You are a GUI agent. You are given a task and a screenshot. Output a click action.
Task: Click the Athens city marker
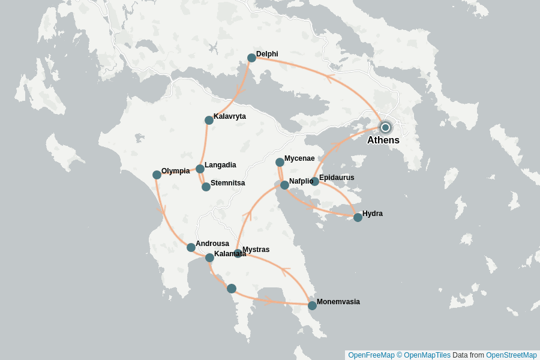385,127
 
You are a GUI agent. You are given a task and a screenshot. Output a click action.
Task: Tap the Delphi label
267,54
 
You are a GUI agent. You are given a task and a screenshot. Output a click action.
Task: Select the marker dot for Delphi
251,58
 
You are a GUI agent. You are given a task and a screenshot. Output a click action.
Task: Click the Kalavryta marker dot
209,120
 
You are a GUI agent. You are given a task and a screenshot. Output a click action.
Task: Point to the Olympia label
175,171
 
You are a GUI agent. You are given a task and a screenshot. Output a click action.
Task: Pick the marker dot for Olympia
157,175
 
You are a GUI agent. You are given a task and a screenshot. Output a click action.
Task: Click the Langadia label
220,165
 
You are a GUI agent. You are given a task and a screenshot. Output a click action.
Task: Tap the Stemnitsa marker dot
206,187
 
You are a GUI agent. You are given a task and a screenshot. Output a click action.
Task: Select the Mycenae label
299,158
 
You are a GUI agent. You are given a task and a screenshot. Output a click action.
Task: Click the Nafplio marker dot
284,185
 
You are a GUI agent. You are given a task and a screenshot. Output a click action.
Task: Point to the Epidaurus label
337,178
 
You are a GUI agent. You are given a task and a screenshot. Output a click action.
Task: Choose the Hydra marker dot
358,217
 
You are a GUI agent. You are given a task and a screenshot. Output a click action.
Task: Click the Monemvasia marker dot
312,305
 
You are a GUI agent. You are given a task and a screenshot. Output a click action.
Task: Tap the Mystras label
256,250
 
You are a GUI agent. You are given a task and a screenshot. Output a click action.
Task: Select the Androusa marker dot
191,247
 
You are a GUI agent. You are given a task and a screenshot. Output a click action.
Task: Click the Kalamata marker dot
209,257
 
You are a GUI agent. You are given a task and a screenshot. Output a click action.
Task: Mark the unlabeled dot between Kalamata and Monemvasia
232,289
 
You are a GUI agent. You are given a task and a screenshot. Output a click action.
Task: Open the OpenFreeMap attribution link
371,355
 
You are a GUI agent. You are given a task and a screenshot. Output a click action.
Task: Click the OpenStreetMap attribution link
511,355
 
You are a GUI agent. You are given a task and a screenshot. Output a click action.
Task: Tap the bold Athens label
383,140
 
